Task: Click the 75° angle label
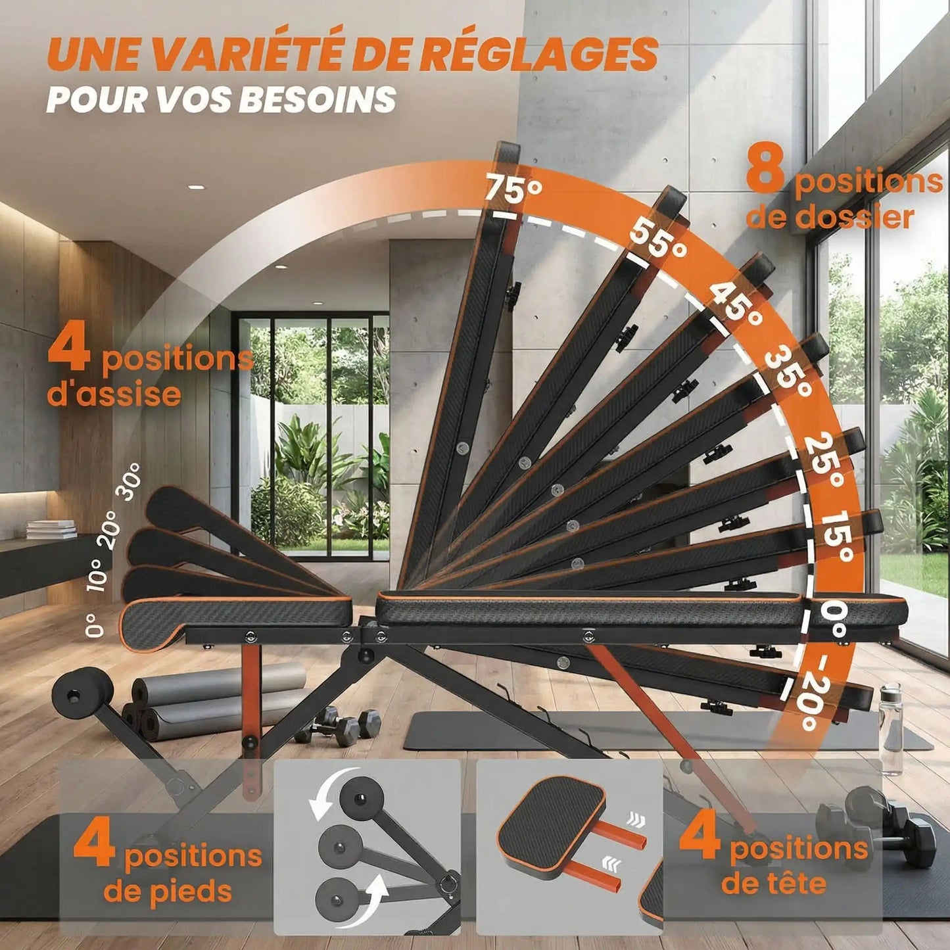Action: [513, 189]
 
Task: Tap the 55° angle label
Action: [658, 240]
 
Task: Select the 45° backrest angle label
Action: [735, 302]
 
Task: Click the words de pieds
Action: [168, 891]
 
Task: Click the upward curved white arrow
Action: [377, 893]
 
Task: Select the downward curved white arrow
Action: [327, 796]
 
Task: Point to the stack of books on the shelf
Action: [51, 529]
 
